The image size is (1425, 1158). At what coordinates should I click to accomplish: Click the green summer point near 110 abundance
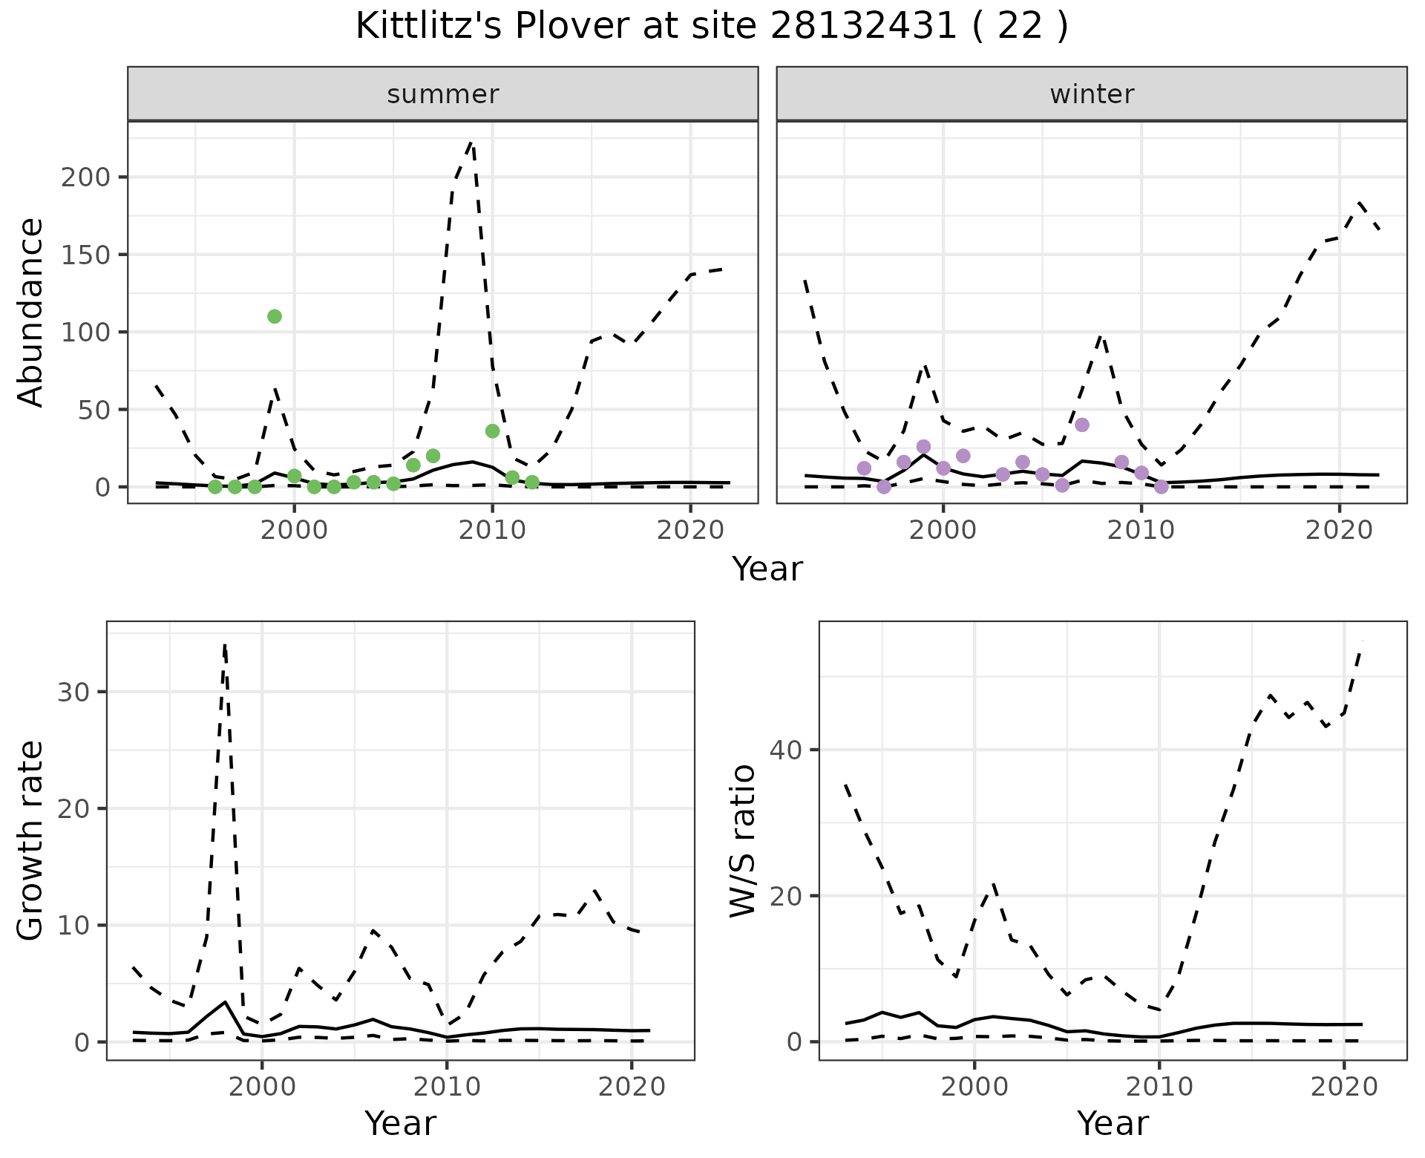274,316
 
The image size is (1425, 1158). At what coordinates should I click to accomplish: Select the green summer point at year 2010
492,431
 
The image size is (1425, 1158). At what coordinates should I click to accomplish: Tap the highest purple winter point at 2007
1081,425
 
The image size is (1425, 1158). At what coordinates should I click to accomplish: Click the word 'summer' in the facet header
443,94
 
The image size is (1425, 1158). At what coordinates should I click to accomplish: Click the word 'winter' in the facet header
1092,94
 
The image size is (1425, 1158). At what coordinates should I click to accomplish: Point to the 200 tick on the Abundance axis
85,177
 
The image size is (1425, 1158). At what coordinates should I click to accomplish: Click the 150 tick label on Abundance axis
85,255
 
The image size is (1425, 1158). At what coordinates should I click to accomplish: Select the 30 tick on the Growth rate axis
71,692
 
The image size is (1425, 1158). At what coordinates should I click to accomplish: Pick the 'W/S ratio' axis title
742,840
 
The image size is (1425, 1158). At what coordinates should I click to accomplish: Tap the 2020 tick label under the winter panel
1339,531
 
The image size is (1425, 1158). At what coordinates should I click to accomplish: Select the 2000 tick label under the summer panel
294,531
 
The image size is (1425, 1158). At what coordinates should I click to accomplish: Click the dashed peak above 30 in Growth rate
225,646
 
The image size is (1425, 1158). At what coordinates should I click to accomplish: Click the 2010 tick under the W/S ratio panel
1159,1087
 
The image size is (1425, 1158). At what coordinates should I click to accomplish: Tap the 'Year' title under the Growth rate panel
400,1123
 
